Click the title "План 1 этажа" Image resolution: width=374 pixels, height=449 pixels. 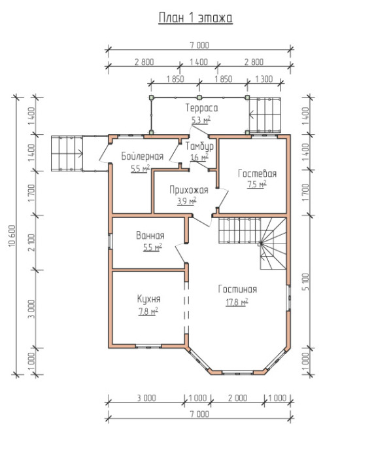coord(195,18)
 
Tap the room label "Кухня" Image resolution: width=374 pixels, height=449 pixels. coord(149,299)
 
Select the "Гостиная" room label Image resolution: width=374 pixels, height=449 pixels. coord(237,289)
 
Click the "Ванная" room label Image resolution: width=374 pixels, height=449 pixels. coord(150,236)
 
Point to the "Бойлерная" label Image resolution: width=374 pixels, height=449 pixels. coord(143,156)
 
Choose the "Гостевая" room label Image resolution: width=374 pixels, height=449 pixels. coord(257,173)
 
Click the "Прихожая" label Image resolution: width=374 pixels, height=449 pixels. coord(188,190)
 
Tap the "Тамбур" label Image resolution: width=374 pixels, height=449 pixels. coord(199,147)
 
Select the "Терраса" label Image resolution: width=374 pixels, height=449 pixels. coord(201,108)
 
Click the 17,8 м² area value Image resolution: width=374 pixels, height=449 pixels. coord(237,302)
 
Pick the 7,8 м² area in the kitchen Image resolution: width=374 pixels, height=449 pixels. coord(148,312)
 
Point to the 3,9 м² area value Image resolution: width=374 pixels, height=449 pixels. coord(186,201)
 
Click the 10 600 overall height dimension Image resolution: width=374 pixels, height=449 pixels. coord(12,236)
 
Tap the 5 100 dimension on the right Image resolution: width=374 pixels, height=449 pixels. coord(305,281)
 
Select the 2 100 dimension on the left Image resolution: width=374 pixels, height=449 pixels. coord(31,242)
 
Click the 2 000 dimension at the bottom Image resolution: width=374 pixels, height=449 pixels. coord(237,398)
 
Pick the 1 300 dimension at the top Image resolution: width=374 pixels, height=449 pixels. coord(263,79)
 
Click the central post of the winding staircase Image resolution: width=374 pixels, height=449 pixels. coord(260,243)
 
